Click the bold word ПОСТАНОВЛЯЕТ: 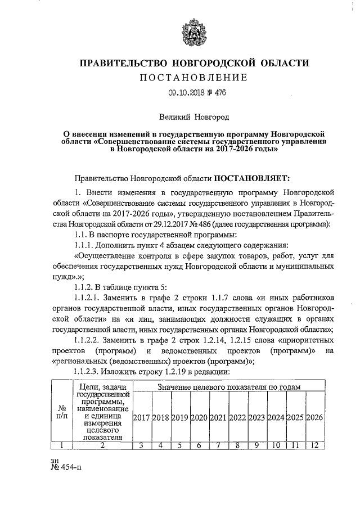pyautogui.click(x=251, y=178)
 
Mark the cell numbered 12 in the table pyautogui.click(x=315, y=445)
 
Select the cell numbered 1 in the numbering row pyautogui.click(x=60, y=445)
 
